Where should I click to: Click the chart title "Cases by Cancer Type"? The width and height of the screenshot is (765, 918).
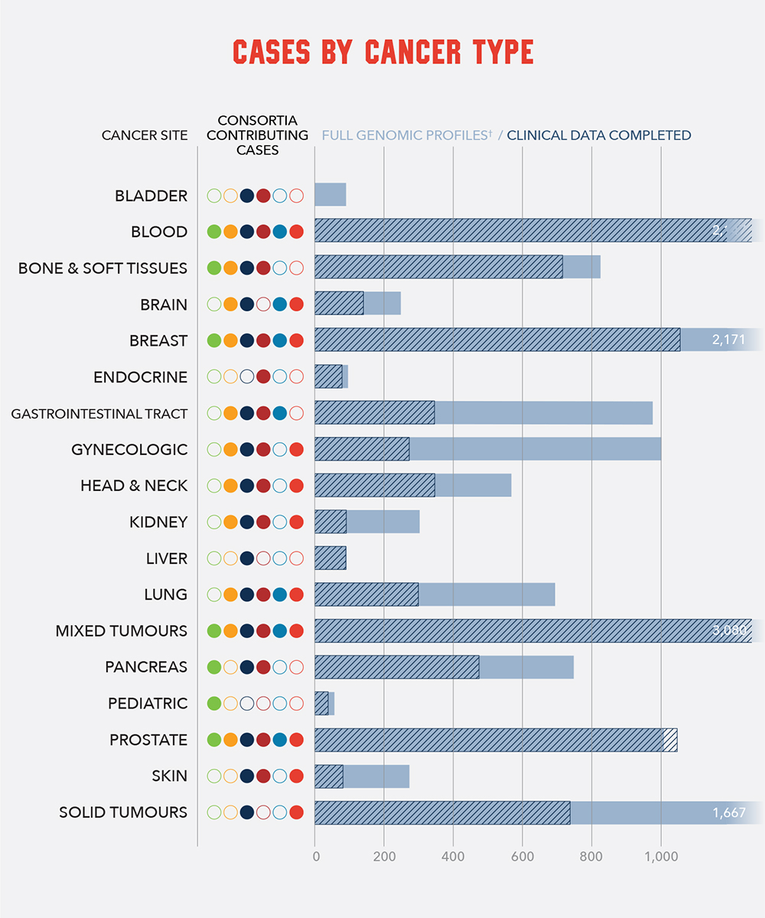point(383,51)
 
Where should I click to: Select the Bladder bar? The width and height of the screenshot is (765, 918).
point(330,195)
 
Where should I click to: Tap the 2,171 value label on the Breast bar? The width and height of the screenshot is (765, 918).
point(728,340)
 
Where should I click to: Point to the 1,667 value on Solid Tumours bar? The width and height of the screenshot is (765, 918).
point(728,812)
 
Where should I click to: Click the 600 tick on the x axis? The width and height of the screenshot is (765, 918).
point(522,856)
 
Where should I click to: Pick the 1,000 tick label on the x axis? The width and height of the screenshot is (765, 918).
point(660,856)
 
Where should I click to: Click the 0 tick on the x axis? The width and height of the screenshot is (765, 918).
point(315,856)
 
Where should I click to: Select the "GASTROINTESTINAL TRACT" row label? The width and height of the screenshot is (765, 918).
point(99,414)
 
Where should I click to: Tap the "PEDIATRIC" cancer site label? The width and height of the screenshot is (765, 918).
point(148,703)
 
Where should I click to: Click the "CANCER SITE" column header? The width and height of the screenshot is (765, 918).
point(145,135)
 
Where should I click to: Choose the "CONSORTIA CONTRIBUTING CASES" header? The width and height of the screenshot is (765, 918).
point(257,135)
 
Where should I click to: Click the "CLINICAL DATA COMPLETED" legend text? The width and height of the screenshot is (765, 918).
point(599,135)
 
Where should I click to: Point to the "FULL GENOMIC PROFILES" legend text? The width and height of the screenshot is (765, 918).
point(406,135)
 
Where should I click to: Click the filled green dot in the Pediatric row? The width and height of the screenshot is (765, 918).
point(214,703)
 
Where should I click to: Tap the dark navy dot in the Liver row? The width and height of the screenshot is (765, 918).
point(247,558)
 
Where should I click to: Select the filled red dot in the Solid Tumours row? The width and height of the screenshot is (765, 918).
point(297,812)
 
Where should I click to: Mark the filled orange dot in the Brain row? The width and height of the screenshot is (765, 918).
point(230,304)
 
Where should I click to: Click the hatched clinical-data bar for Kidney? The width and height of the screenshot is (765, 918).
point(330,522)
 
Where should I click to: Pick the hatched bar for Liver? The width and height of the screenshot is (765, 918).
point(330,558)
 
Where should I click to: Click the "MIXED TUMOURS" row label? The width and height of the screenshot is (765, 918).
point(121,631)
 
